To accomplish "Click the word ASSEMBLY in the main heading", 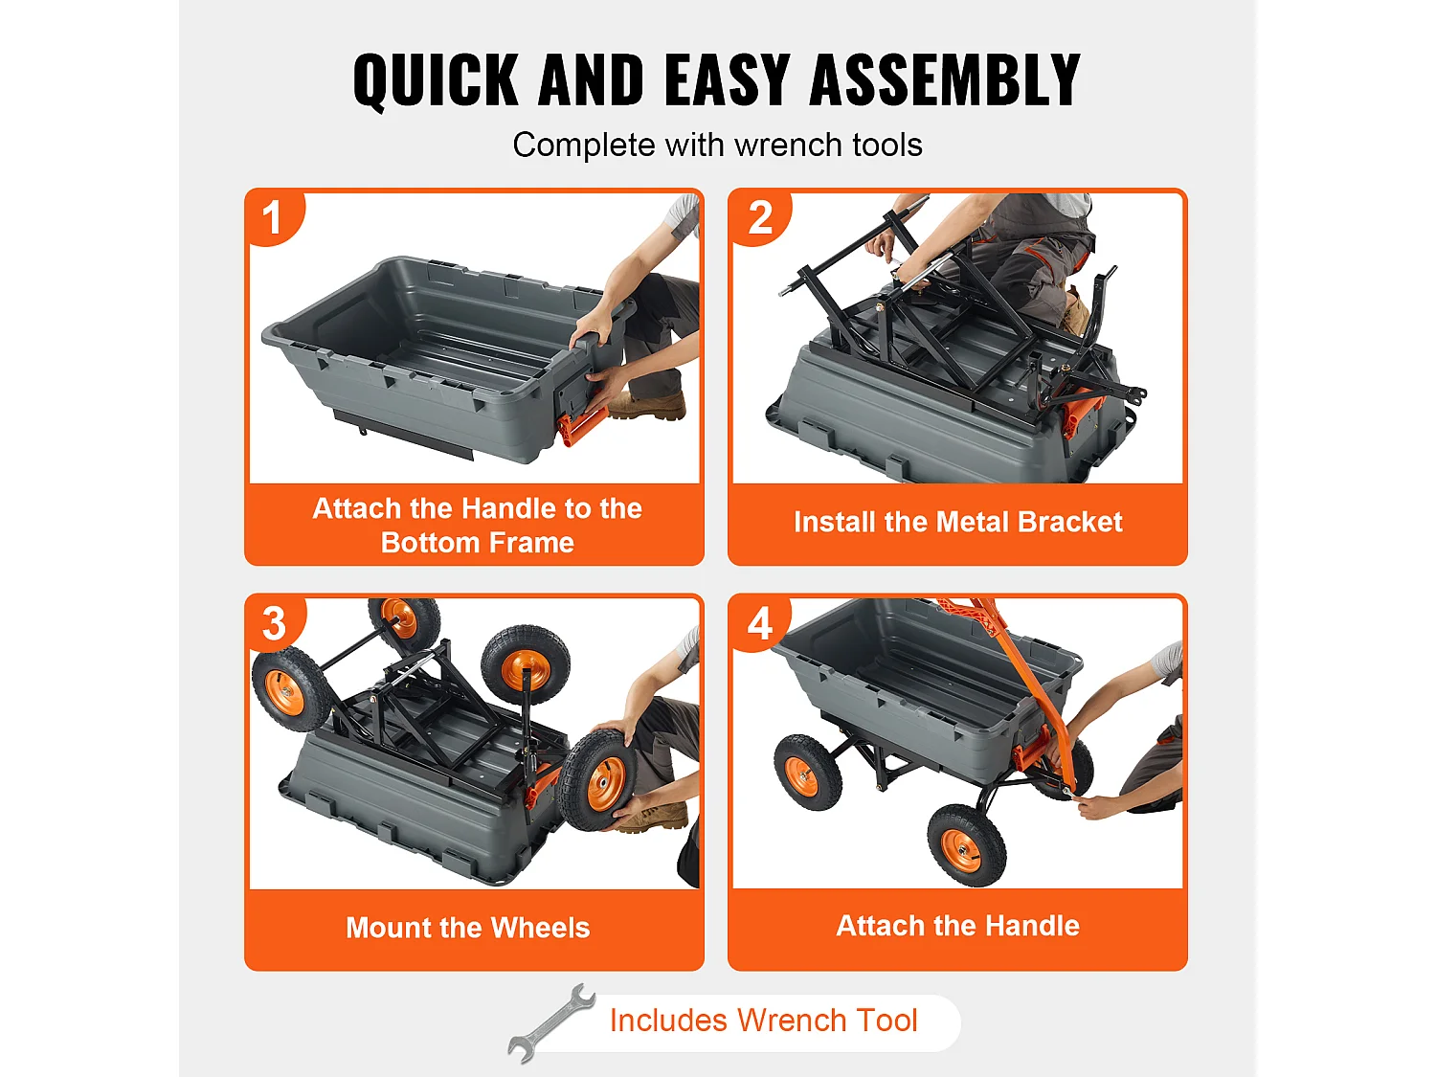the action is [945, 79].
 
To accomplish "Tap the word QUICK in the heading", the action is [437, 80].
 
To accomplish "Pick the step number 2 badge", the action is [760, 217].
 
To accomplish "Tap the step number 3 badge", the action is [275, 623].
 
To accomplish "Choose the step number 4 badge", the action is [759, 623].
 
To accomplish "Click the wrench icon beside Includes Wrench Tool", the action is [550, 1022].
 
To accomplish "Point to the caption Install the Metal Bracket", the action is [957, 522].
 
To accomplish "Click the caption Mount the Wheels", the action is [468, 928].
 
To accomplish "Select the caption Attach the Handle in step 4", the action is [957, 926].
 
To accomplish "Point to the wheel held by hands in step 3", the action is [596, 780].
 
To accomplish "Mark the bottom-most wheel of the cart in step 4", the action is [966, 845].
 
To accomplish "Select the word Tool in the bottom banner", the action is [886, 1021].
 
